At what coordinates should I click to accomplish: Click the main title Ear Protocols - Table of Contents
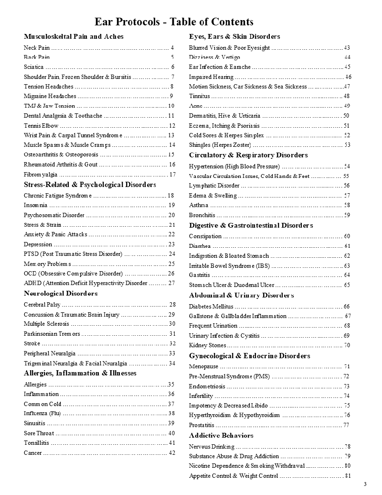pos(174,22)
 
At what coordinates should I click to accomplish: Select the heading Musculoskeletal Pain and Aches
pos(74,36)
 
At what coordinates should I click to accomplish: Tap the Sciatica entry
pos(34,66)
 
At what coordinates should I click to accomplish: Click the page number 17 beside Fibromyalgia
pos(172,175)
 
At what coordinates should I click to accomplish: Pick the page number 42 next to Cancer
pos(172,453)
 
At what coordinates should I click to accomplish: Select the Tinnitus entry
pos(199,96)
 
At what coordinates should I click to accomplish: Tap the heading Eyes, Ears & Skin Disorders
pos(234,36)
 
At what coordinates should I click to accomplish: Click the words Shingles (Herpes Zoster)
pos(220,145)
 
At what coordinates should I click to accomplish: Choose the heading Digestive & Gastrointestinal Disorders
pos(251,225)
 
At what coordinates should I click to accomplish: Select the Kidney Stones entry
pos(207,345)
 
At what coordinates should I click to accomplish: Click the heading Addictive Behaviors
pos(221,435)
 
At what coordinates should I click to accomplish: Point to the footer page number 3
pos(365,484)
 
